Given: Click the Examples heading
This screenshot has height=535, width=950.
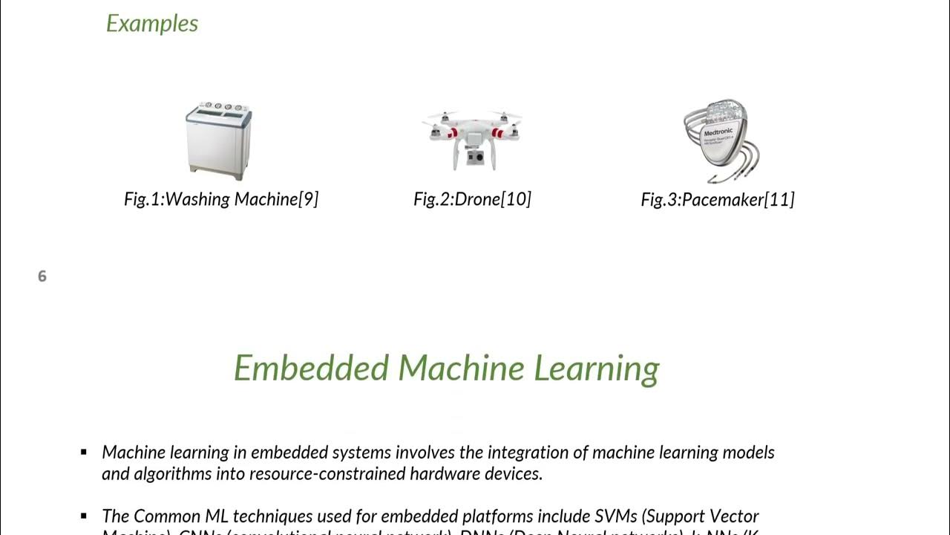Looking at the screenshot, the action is point(152,23).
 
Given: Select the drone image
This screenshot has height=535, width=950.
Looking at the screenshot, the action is point(472,138).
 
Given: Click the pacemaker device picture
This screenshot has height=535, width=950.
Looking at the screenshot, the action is point(720,141).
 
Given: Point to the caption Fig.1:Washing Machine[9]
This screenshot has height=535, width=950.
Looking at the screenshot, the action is point(221,199).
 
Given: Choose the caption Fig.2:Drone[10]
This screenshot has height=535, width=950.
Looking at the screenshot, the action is point(472,199).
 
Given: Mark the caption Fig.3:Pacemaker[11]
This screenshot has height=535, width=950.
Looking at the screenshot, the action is point(718,199).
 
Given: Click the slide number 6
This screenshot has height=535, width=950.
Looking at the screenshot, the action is point(42,276).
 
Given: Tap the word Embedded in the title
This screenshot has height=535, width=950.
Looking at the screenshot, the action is point(312,368).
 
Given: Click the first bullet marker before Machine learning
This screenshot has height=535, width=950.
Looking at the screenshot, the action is point(85,452).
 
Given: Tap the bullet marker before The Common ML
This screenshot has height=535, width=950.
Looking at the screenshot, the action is point(85,516).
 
